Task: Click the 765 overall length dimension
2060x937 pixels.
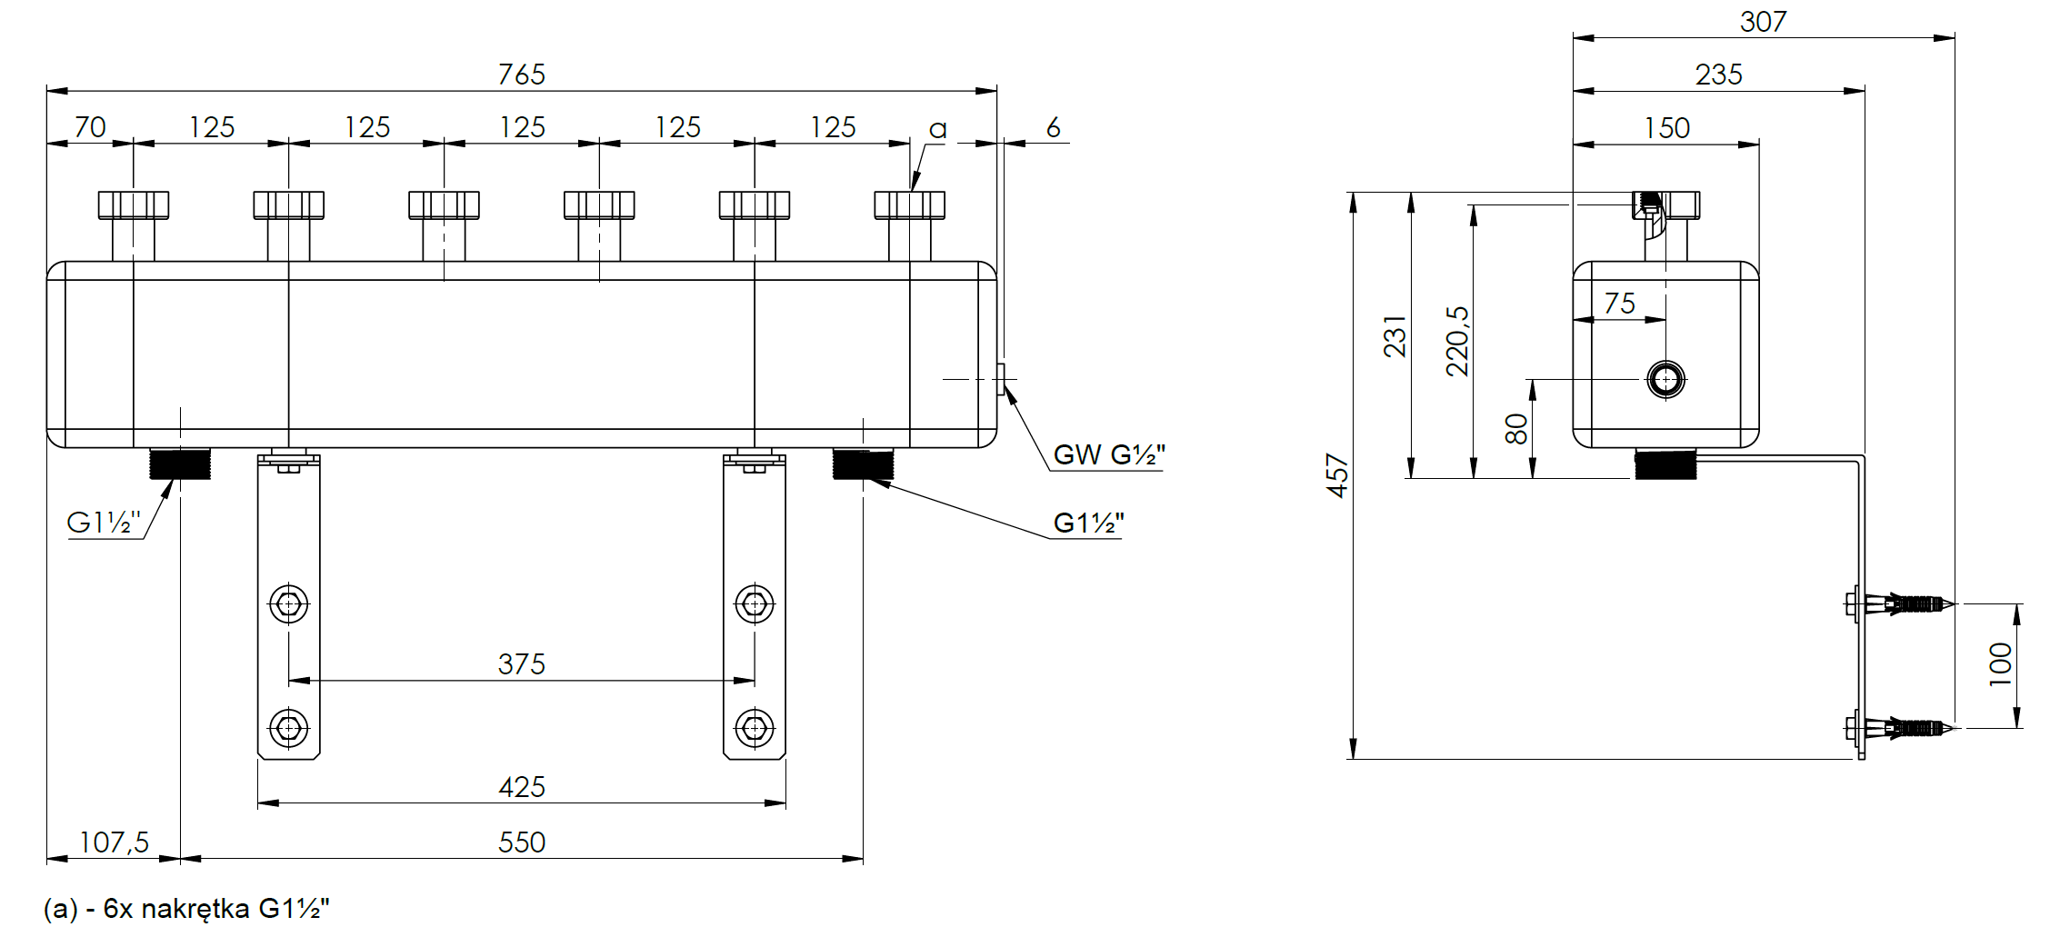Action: pos(521,75)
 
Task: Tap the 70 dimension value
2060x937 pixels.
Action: pos(90,127)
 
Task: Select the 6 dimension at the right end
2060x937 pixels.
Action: pos(1053,127)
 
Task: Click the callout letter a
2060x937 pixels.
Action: pos(937,130)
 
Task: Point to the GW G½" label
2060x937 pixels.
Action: pos(1108,454)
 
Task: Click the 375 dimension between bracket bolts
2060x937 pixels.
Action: pos(521,664)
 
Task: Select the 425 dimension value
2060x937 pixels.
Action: pos(521,787)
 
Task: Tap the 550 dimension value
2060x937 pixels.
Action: pos(521,842)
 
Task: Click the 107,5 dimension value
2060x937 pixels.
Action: pos(114,842)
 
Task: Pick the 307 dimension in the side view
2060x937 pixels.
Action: pos(1763,22)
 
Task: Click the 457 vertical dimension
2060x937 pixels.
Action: pos(1337,475)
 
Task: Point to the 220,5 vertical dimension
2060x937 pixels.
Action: pos(1457,341)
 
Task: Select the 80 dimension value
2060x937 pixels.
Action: pos(1516,428)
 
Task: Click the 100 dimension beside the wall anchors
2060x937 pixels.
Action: pos(2000,664)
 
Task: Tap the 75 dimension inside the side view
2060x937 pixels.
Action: pos(1619,304)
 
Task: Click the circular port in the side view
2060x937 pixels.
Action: pos(1665,380)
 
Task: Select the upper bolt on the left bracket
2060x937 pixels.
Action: pos(288,603)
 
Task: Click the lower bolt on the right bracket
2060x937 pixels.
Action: pos(754,728)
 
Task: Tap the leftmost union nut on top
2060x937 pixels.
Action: pos(134,205)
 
